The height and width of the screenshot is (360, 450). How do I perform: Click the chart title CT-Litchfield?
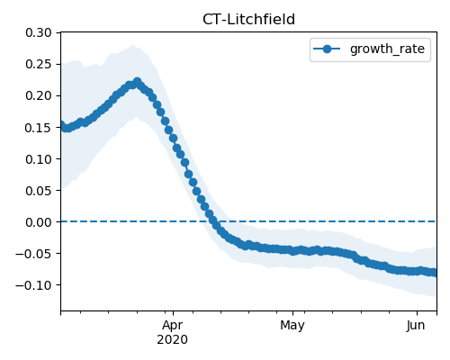[248, 20]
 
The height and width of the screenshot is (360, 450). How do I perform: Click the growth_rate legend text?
[387, 49]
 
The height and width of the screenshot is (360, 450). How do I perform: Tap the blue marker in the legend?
[327, 49]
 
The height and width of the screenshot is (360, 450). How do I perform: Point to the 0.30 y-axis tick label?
[39, 32]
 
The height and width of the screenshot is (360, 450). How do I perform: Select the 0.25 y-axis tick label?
[39, 64]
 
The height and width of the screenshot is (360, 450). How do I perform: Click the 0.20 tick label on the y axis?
[39, 95]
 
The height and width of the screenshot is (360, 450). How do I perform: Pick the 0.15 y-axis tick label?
[39, 128]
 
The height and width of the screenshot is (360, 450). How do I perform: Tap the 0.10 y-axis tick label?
[39, 158]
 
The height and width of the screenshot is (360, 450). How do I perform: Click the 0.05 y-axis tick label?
[39, 190]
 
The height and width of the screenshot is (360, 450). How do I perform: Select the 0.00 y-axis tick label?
[39, 222]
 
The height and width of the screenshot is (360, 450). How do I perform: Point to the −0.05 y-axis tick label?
[33, 254]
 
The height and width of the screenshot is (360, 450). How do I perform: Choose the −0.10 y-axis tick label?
[33, 285]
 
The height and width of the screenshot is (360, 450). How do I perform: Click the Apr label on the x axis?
[173, 326]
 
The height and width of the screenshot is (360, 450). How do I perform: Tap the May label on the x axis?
[292, 326]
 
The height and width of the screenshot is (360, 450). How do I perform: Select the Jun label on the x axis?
[416, 326]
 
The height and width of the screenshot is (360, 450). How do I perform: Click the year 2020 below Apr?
[173, 339]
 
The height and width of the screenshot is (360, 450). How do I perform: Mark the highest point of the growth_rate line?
[138, 82]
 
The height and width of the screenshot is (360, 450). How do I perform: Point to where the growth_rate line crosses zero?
[213, 221]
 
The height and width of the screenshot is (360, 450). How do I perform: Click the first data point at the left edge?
[62, 124]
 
